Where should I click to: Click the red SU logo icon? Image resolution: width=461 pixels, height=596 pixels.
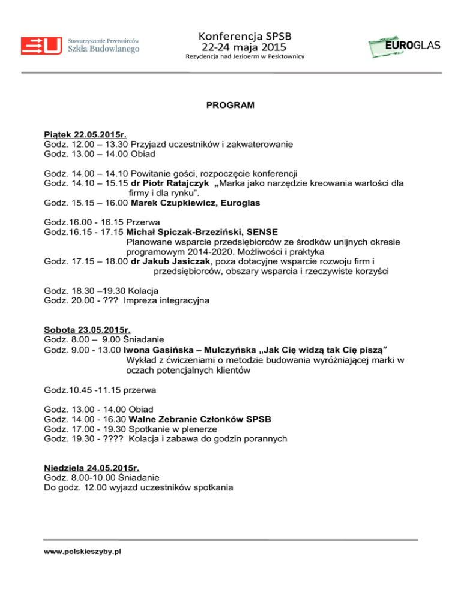coord(41,46)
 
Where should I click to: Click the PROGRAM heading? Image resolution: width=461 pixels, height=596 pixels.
coord(230,106)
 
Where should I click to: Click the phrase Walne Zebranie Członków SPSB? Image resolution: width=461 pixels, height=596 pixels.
coord(196,419)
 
